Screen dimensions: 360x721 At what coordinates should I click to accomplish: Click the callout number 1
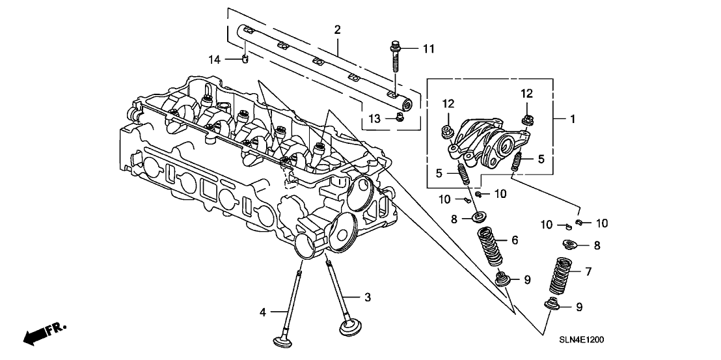tap(573, 119)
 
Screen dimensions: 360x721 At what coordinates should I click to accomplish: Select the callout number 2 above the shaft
tap(337, 29)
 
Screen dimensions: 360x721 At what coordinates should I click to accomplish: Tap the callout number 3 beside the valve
tap(367, 297)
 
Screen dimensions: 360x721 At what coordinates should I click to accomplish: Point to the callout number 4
tap(264, 312)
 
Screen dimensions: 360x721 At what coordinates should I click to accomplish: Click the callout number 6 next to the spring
tap(514, 240)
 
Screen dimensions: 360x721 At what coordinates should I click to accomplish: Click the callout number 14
tap(215, 59)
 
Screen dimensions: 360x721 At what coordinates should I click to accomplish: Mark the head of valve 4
tap(284, 341)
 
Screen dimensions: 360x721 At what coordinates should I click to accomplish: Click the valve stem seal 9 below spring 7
tap(552, 305)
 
